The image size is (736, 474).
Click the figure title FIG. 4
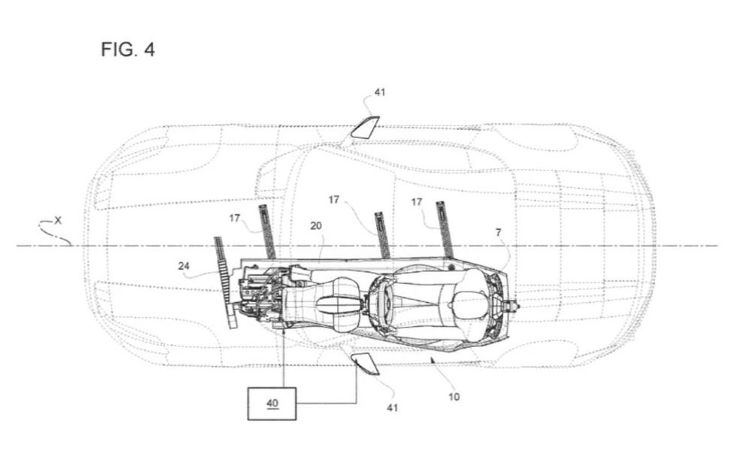pyautogui.click(x=128, y=51)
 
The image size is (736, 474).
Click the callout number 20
pyautogui.click(x=315, y=225)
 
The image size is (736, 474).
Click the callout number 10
pyautogui.click(x=454, y=397)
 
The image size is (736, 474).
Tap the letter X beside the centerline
pyautogui.click(x=59, y=222)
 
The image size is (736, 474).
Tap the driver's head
pyautogui.click(x=470, y=303)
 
